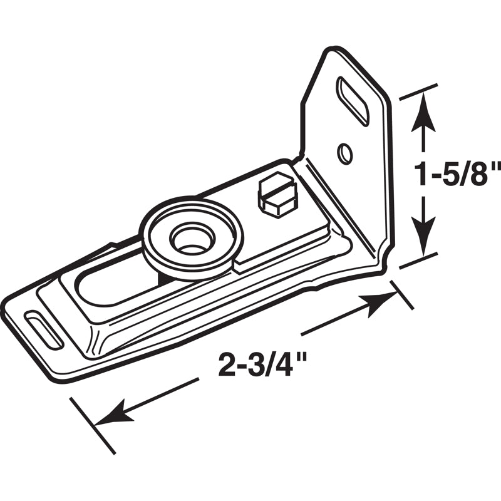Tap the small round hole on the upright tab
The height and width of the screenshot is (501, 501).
tap(344, 153)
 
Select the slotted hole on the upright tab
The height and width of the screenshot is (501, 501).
tap(353, 101)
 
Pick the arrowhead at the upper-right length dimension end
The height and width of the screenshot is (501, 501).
tap(378, 302)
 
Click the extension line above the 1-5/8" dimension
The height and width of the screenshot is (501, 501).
tap(418, 90)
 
